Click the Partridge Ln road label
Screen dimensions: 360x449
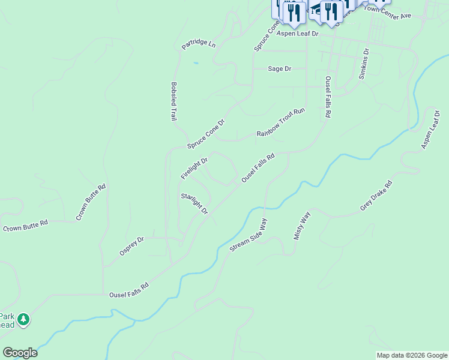click(199, 44)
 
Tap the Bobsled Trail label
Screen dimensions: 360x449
click(173, 101)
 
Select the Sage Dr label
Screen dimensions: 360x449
click(279, 69)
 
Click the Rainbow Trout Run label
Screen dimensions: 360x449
click(282, 122)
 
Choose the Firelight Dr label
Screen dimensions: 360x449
click(194, 169)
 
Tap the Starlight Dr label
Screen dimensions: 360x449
click(194, 204)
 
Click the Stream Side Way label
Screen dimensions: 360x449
click(248, 235)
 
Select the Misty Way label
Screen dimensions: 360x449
click(301, 226)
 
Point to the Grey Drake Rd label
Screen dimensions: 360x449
click(376, 196)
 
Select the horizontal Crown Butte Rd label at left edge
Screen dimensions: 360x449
click(25, 227)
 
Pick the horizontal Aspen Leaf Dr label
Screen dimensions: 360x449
click(297, 34)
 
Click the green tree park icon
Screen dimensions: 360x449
click(23, 320)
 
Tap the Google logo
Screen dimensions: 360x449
click(20, 353)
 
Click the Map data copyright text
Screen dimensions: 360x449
click(412, 355)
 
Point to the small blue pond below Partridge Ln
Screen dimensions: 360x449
click(196, 62)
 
